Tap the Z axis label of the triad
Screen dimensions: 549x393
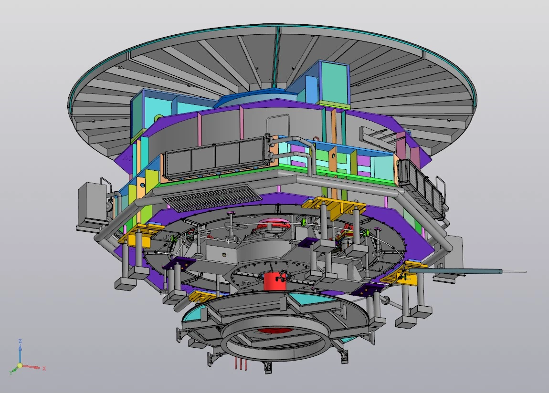pos(21,341)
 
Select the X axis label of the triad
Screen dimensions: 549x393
pos(44,369)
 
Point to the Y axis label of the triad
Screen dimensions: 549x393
pos(11,372)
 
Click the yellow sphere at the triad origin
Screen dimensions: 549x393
pos(20,366)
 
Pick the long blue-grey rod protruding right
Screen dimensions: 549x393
pos(455,271)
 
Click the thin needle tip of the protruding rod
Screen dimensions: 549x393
pos(514,271)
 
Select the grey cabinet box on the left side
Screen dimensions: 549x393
pos(92,203)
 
